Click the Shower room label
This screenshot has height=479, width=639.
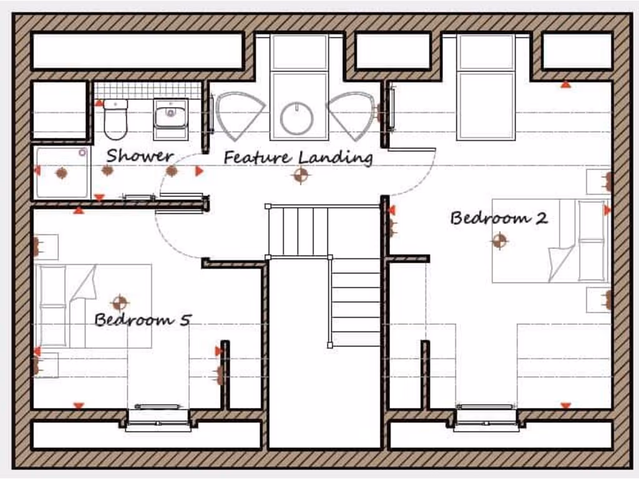pos(139,155)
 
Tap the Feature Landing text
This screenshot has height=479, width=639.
pos(298,157)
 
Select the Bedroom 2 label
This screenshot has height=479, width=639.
pos(499,218)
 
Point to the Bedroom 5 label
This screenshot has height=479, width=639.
pos(142,320)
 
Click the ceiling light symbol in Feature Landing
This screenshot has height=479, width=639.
pos(301,175)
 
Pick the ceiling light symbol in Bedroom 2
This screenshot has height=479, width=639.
pos(499,240)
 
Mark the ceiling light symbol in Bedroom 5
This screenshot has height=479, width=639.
pos(119,303)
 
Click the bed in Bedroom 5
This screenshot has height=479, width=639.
pos(94,306)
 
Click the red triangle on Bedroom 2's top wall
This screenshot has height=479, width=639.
pos(565,84)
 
